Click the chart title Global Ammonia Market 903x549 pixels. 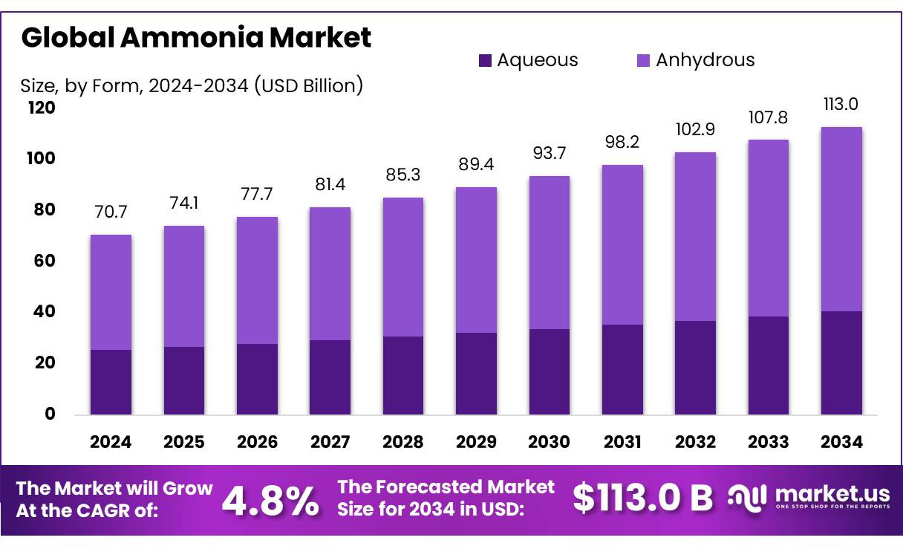(x=196, y=37)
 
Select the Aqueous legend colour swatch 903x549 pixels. (x=485, y=60)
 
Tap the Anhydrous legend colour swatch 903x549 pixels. (x=643, y=60)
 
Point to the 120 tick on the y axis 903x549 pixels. (x=42, y=108)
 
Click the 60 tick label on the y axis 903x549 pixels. (x=45, y=261)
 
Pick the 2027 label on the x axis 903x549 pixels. (x=330, y=442)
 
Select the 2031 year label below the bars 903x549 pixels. (x=622, y=442)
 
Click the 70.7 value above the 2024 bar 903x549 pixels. (x=111, y=212)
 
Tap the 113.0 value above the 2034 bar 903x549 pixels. (x=841, y=104)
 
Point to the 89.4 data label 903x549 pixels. (x=476, y=164)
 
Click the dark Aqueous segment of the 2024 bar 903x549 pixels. (x=111, y=382)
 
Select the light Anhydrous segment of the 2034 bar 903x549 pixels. (x=841, y=219)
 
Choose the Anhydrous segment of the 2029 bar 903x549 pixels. (x=476, y=260)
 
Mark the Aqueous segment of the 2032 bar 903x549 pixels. (x=695, y=368)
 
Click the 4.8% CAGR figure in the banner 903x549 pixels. (x=270, y=501)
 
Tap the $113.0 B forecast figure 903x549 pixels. (x=642, y=498)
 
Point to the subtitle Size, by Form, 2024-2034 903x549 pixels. (x=134, y=85)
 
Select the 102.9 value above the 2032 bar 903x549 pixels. (x=695, y=129)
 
